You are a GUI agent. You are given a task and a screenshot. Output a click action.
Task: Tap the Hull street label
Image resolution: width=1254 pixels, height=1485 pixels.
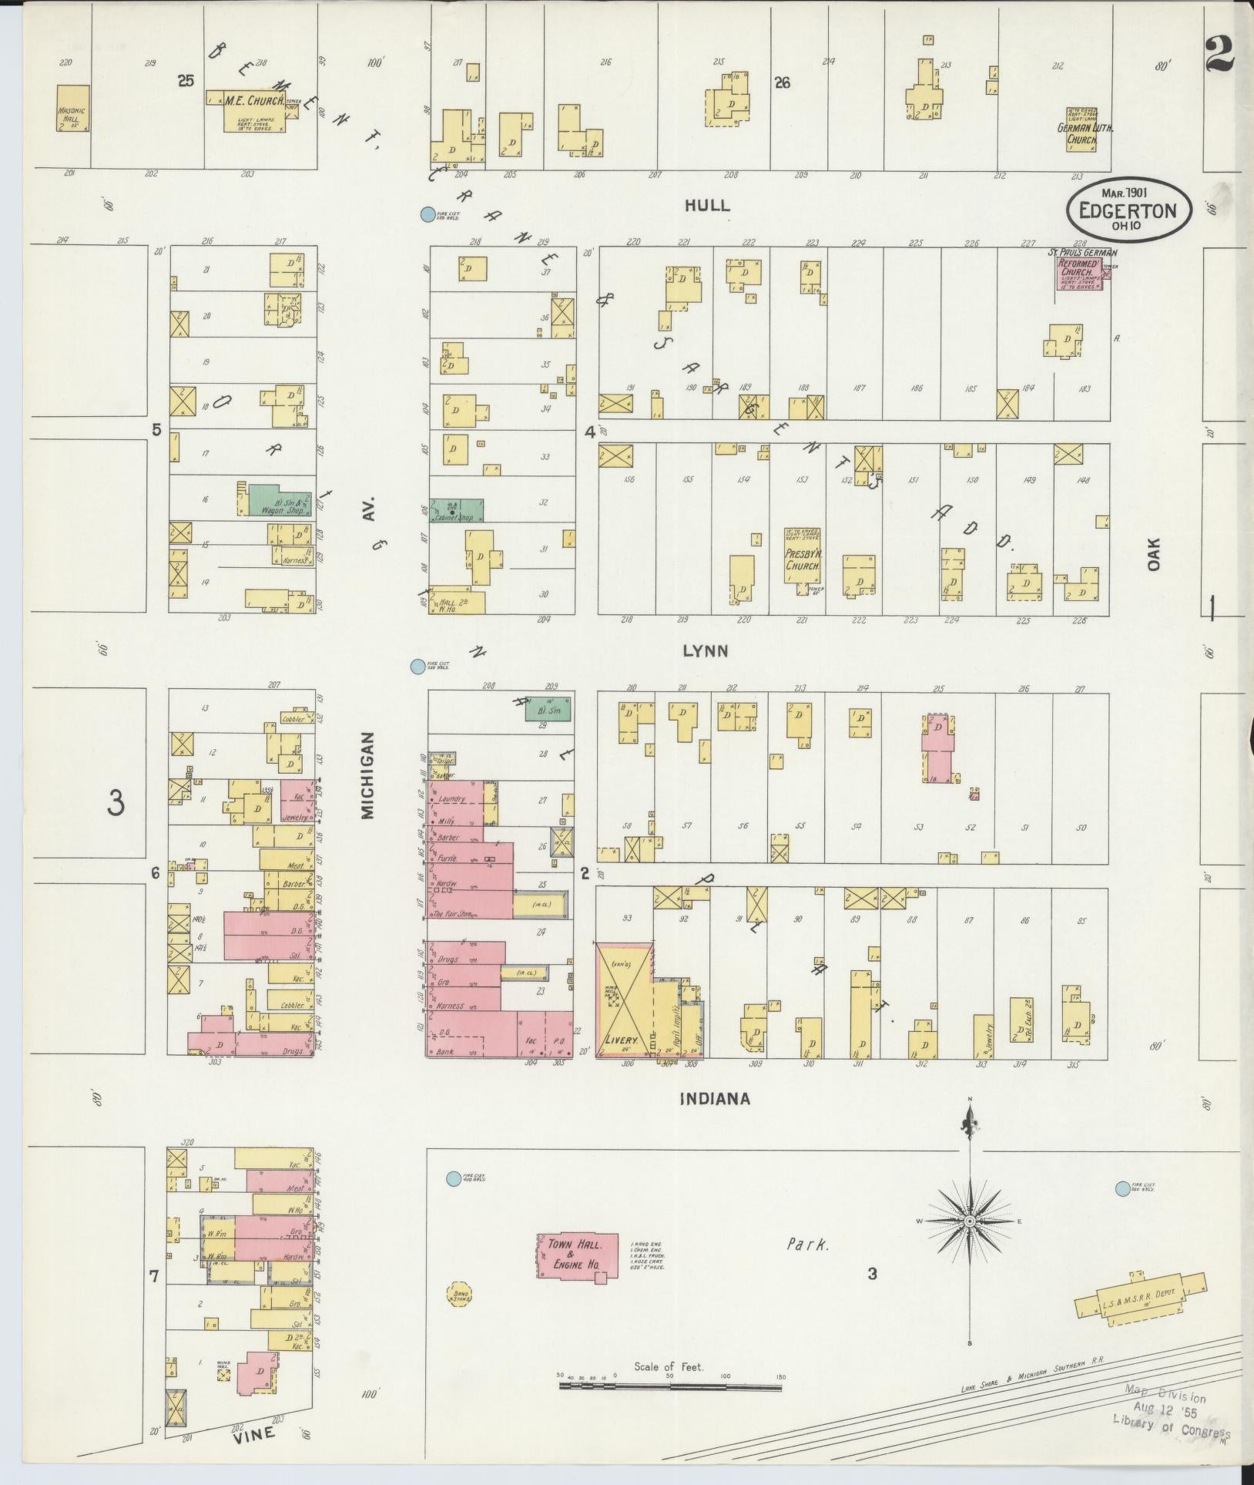(706, 206)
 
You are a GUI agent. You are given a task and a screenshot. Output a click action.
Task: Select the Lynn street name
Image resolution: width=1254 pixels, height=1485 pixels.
(705, 651)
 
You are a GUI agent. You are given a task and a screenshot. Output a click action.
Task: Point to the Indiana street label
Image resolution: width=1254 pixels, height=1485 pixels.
(714, 1100)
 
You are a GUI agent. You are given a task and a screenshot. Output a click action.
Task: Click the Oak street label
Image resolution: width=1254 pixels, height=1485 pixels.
(1152, 554)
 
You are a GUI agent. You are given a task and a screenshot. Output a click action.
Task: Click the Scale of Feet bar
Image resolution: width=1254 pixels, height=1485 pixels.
(670, 1385)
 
